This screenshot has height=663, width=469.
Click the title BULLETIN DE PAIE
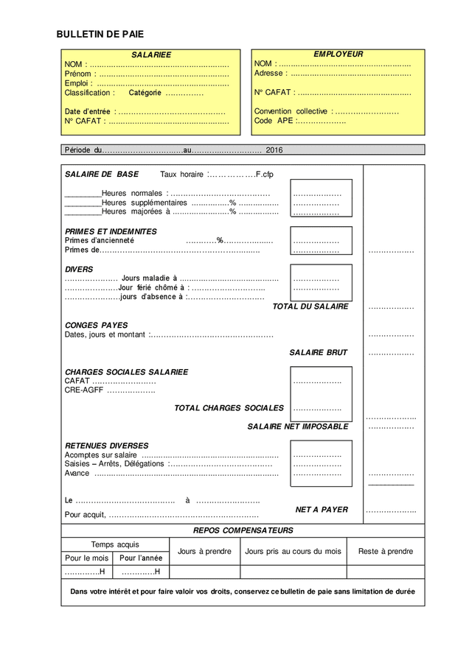click(x=100, y=34)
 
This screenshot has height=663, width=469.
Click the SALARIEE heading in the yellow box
click(x=151, y=55)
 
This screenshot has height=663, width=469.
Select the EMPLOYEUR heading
click(x=338, y=55)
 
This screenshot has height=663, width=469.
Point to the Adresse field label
click(x=268, y=74)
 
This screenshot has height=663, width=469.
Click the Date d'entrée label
click(x=88, y=112)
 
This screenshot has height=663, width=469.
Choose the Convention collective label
click(x=291, y=112)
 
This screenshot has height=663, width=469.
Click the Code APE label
click(x=274, y=121)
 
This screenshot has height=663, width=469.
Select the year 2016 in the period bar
click(x=274, y=150)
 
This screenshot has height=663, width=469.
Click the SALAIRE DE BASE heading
click(x=102, y=175)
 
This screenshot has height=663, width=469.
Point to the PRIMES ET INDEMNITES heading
click(x=111, y=231)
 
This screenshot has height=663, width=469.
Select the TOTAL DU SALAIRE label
click(x=310, y=306)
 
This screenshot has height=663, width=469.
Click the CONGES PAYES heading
click(x=96, y=325)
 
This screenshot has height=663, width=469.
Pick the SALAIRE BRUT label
click(x=318, y=353)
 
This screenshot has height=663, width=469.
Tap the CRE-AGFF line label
click(x=84, y=390)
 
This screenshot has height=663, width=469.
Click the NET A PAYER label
click(x=322, y=510)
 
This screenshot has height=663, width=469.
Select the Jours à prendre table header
click(x=204, y=551)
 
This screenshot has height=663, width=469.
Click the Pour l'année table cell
click(x=141, y=558)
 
